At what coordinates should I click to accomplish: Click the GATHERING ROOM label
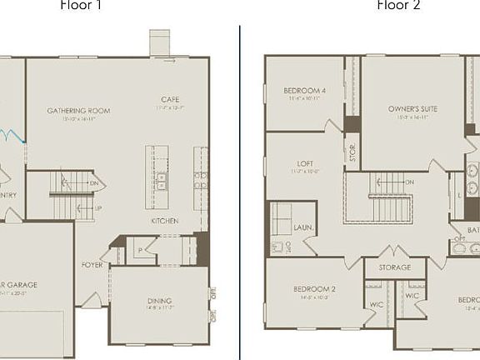point(78,111)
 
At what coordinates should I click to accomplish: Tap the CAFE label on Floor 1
point(170,100)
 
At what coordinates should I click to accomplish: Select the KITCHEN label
point(164,221)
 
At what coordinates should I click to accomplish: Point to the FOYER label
point(92,265)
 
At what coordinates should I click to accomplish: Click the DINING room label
point(159,301)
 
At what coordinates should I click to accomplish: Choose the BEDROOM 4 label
point(304,91)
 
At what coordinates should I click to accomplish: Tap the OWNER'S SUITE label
point(412,109)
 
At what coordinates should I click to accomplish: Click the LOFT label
point(305,164)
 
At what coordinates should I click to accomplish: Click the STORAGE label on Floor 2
point(395,267)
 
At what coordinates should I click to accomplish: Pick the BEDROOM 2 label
point(314,290)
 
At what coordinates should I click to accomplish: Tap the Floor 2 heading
point(398,5)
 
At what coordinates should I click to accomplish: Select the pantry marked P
point(141,249)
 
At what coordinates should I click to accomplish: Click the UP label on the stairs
point(97,208)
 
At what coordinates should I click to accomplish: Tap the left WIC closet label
point(377,304)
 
